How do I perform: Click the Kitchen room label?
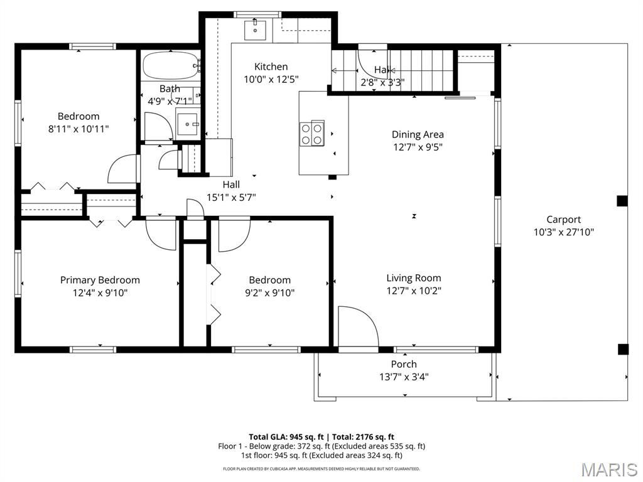pos(271,67)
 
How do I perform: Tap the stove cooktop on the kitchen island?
pos(311,132)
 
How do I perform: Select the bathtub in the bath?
pos(170,65)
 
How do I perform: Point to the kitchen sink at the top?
pos(256,29)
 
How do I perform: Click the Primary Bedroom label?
pos(100,280)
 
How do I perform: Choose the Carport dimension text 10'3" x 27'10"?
pos(563,232)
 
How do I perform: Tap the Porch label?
pos(404,364)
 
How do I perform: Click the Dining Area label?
pos(418,134)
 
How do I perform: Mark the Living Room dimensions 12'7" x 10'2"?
pos(413,291)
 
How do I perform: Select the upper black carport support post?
pos(622,201)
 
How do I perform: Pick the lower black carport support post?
pos(622,349)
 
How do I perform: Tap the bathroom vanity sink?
pos(187,123)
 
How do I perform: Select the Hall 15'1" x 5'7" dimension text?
pos(230,197)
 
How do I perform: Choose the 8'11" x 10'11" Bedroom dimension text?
pos(78,129)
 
